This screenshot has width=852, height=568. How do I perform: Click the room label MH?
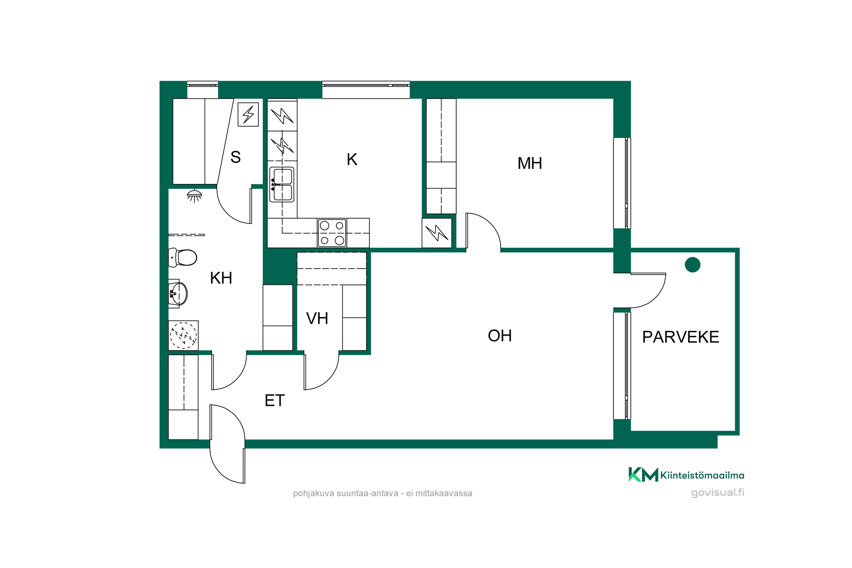click(530, 163)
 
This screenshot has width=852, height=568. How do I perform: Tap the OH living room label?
click(500, 336)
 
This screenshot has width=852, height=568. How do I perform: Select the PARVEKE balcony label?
click(681, 337)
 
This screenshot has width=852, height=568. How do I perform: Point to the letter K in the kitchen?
click(352, 159)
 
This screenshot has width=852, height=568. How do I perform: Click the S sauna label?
click(235, 157)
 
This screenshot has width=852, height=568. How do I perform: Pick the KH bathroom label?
click(221, 278)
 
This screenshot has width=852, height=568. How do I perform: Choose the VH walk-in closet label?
click(317, 318)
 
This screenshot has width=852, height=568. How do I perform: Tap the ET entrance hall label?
click(275, 401)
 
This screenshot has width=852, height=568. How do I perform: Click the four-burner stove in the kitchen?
click(332, 233)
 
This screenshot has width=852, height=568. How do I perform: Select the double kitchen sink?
click(282, 184)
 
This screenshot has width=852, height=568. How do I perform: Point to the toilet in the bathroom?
click(183, 258)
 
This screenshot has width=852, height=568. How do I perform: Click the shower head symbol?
click(194, 196)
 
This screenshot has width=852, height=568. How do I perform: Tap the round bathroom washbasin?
click(179, 293)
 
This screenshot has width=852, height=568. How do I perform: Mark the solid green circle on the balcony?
click(693, 265)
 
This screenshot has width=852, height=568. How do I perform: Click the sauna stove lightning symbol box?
click(248, 114)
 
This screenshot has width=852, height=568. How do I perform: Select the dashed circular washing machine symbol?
click(183, 335)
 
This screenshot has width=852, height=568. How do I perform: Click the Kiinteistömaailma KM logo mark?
click(643, 475)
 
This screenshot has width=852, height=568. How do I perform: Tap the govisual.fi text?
click(718, 493)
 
